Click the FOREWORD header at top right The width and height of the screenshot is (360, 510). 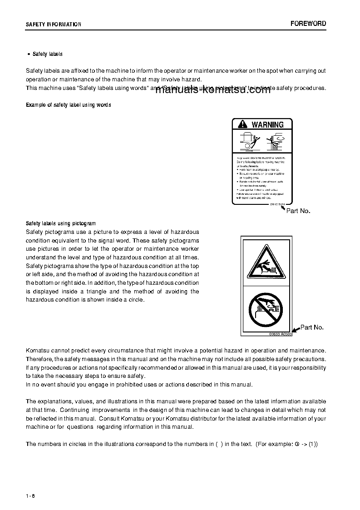point(308,24)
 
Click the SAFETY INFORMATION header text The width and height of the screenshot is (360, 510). point(54,25)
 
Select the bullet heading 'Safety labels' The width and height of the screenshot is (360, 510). point(47,54)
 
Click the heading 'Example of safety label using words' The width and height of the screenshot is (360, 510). point(68,105)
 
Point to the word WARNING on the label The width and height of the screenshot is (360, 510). point(267,124)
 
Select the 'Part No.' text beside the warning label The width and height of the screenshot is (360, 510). point(298,211)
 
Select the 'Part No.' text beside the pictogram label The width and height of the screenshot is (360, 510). point(312,327)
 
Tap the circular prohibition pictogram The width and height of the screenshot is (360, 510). point(265,309)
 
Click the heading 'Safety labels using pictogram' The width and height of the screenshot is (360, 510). point(61,223)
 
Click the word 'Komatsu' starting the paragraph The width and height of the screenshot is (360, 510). point(38,351)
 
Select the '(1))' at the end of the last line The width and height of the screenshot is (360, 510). point(313,444)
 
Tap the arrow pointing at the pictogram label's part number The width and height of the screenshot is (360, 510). point(296,330)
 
